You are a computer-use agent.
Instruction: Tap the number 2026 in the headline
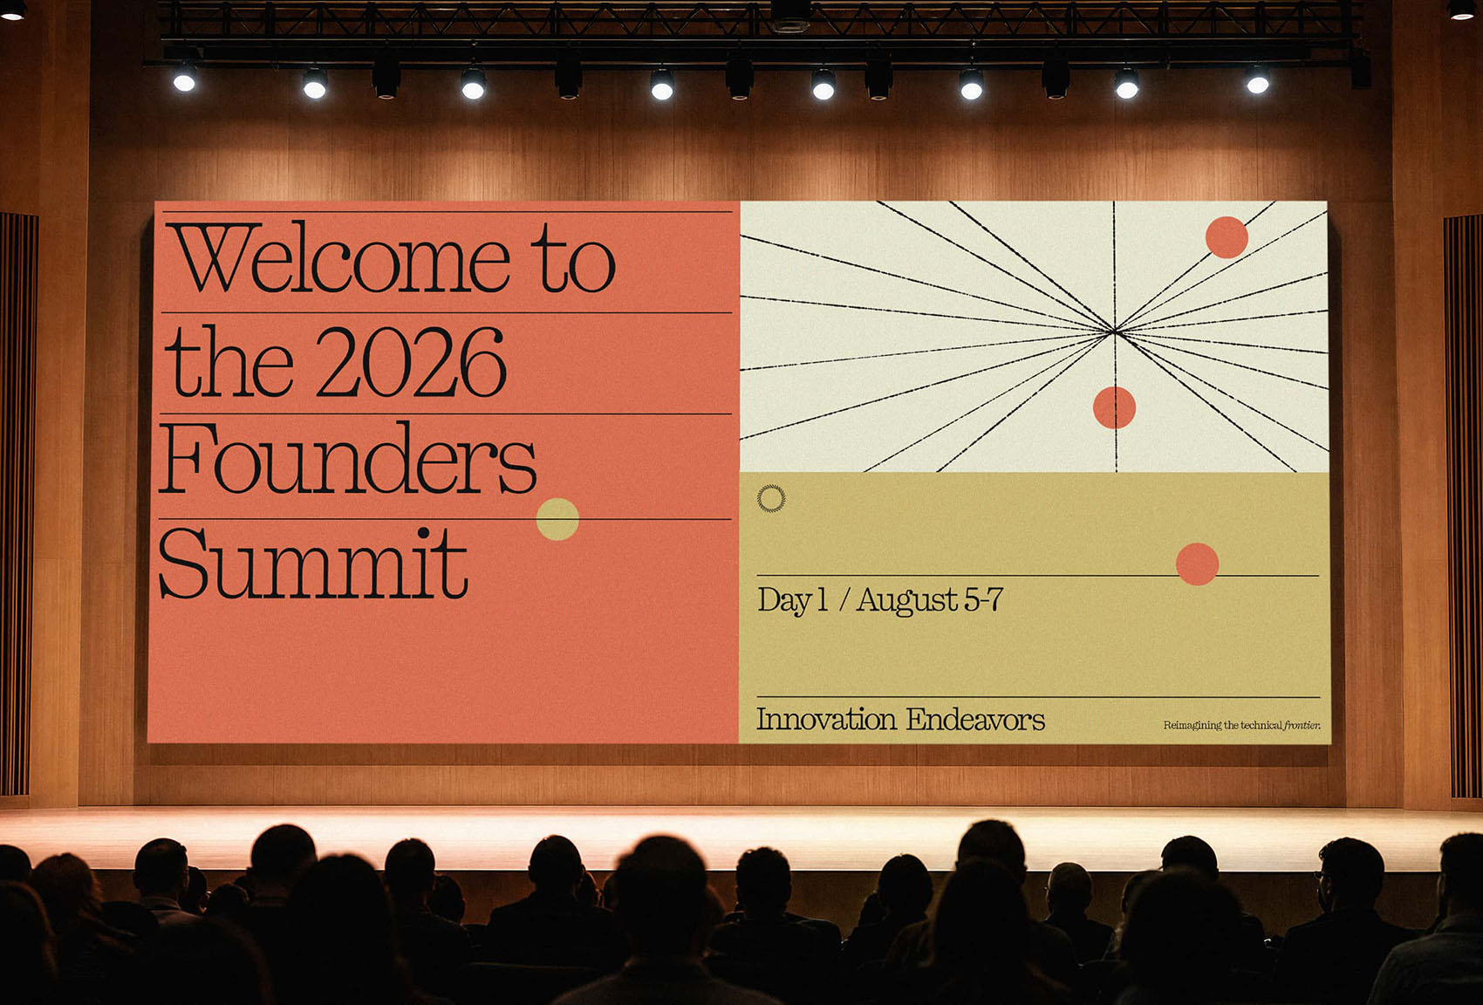pos(411,361)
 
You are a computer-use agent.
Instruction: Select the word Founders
pos(347,458)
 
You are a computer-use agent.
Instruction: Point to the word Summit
pos(313,563)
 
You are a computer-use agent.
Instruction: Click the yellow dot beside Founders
pos(557,519)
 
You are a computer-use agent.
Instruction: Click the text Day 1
pos(792,600)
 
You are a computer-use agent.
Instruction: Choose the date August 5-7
pos(930,600)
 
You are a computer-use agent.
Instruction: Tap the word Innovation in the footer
pos(826,719)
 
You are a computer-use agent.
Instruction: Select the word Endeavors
pos(976,719)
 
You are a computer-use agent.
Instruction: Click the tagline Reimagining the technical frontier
pos(1242,725)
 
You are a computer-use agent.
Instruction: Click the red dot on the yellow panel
pos(1197,564)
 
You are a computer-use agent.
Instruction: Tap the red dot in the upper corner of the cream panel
pos(1227,237)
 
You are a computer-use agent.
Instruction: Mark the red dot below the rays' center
pos(1114,407)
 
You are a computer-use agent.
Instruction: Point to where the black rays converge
pos(1115,331)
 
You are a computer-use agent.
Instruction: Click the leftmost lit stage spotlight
pos(184,81)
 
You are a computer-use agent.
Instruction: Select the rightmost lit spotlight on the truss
pos(1258,82)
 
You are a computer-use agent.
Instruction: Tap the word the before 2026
pos(229,361)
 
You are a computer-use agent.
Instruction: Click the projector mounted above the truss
pos(790,16)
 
